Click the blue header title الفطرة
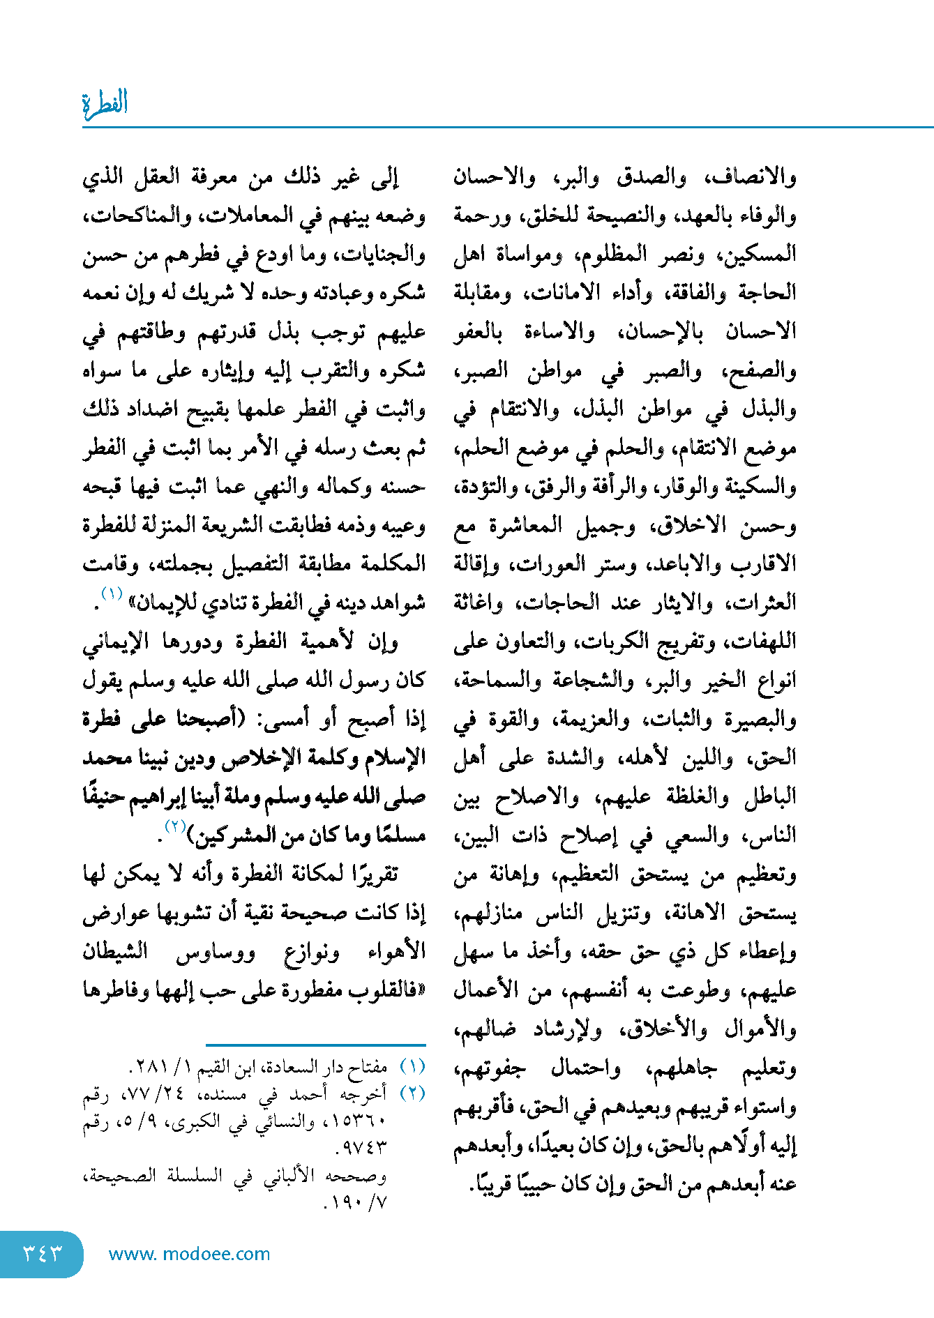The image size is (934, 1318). coord(105,104)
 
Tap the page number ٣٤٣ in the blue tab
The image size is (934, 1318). coord(42,1253)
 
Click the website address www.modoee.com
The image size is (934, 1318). coord(189,1254)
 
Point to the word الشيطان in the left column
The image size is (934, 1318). coord(115,951)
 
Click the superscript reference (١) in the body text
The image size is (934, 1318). coord(112,594)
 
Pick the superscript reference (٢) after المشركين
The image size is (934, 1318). coord(174,827)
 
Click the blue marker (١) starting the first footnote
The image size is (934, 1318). coord(412,1067)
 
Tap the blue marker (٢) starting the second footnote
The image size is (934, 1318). coord(412,1093)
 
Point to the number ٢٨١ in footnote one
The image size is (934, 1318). coord(152,1068)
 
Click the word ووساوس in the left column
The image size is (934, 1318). coord(215,951)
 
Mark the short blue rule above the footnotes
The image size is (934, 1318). coord(315,1045)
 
